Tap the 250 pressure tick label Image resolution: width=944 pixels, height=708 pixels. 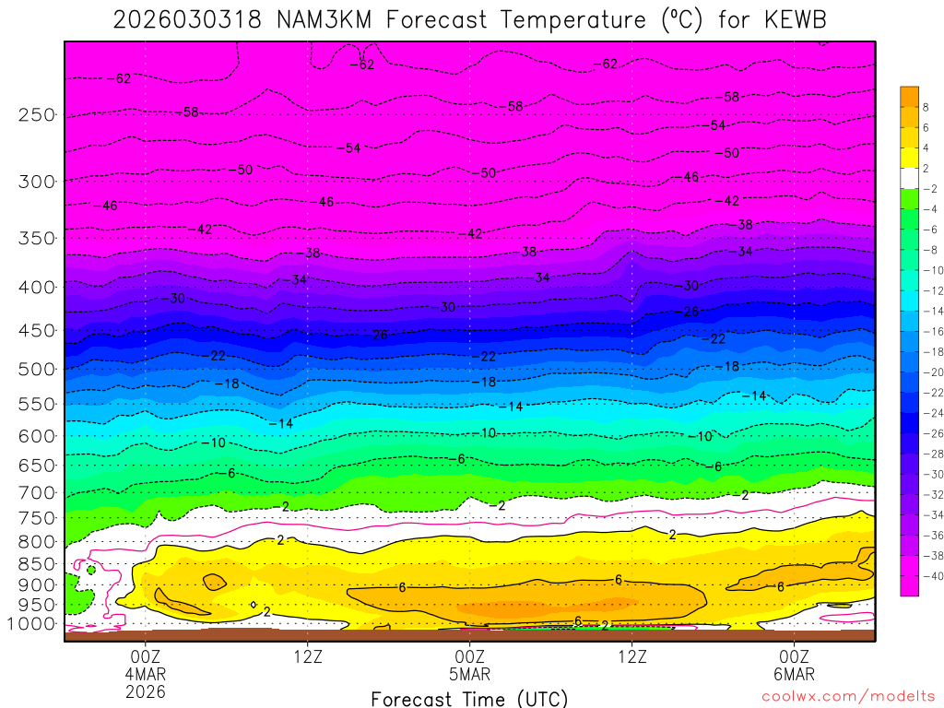coord(37,115)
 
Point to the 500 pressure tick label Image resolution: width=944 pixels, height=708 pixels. coord(37,370)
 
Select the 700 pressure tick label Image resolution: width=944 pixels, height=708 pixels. coord(37,492)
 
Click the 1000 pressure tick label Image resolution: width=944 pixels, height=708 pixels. coord(32,624)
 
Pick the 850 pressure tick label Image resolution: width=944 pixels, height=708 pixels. coord(37,563)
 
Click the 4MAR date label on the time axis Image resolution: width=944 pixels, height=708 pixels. coord(146,673)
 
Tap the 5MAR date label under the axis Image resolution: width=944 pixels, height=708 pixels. coord(470,673)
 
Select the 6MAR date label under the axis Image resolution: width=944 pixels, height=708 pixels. coord(794,673)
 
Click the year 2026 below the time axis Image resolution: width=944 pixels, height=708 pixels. coord(146,690)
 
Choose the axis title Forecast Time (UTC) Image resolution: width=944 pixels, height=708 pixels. coord(469,699)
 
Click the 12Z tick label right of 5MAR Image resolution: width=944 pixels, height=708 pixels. coord(632,656)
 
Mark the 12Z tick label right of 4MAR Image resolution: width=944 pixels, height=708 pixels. coord(308,656)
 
